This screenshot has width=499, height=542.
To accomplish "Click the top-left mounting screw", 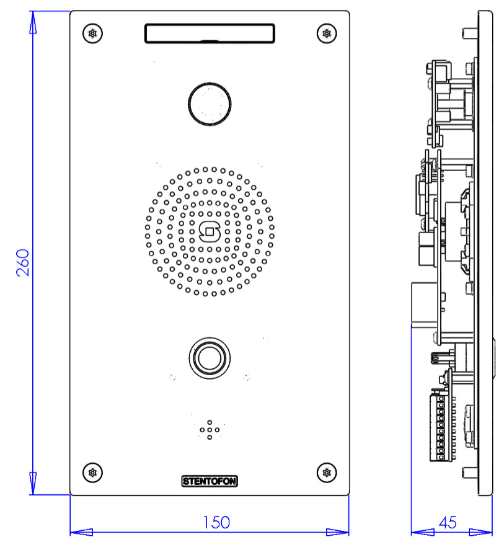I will pos(93,33).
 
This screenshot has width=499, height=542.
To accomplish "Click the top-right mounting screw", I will pos(326,33).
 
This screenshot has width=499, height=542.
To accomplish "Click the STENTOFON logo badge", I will pos(210,481).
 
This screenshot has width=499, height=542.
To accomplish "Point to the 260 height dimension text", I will pos(22,263).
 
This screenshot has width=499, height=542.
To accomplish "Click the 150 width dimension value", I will pos(216,522).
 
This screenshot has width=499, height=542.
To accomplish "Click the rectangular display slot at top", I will pos(210,33).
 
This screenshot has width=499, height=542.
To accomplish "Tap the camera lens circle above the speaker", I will pos(210,104).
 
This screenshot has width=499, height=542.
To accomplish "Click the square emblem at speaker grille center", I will pos(210,232).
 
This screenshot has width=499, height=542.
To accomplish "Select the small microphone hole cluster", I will pos(210,429).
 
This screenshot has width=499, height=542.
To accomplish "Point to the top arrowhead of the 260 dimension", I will pos(32,22).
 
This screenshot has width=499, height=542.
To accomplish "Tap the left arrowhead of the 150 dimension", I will pos(81,532).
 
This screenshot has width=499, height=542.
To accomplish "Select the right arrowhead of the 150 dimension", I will pos(338,532).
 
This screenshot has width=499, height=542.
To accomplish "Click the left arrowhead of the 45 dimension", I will pos(422,532).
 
